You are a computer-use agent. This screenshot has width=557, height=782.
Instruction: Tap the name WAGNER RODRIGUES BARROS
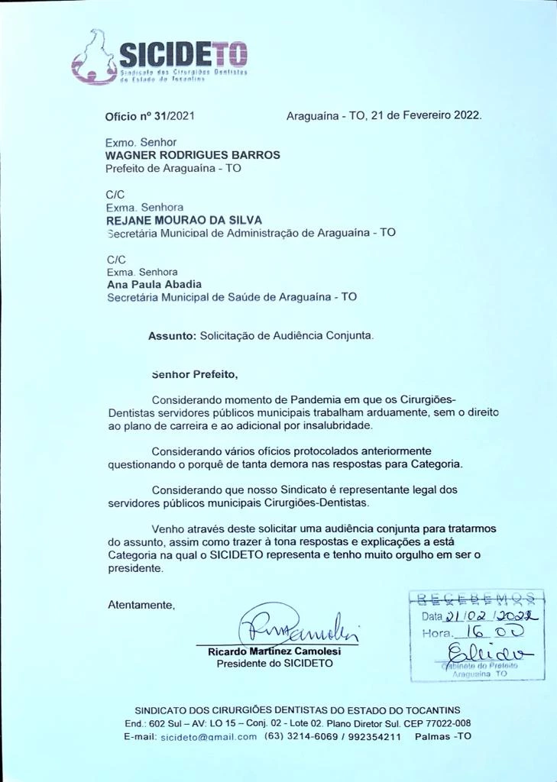pos(193,155)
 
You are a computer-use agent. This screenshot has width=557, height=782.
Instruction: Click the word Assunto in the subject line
pos(172,335)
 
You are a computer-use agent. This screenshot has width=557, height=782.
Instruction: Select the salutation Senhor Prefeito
pos(195,375)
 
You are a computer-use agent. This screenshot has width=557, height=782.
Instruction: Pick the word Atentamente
pos(141,605)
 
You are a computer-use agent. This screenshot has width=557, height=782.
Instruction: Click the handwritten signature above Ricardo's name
pos(298,625)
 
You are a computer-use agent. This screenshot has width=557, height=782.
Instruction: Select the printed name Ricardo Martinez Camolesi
pos(274,652)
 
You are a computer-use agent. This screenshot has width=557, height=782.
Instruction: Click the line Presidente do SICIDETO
pos(274,664)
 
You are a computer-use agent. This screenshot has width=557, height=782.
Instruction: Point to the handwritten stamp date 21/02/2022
pos(492,616)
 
